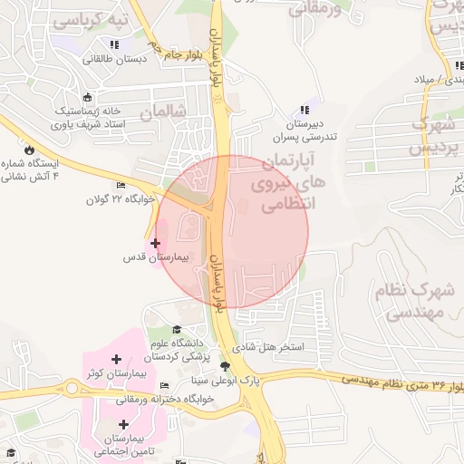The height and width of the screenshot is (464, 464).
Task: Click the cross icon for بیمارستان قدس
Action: [x=155, y=243]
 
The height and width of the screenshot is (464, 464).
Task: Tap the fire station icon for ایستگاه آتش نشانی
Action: [x=30, y=150]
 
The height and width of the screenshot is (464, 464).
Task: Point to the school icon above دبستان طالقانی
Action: [x=114, y=44]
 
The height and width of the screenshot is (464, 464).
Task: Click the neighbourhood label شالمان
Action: [x=163, y=111]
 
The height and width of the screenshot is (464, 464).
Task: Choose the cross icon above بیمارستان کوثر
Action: [x=116, y=360]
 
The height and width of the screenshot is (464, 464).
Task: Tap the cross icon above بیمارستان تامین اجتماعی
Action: [x=123, y=424]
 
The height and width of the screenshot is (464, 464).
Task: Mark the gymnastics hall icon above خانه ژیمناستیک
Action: [x=87, y=98]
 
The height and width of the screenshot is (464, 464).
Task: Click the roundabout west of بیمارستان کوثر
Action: [x=72, y=389]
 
